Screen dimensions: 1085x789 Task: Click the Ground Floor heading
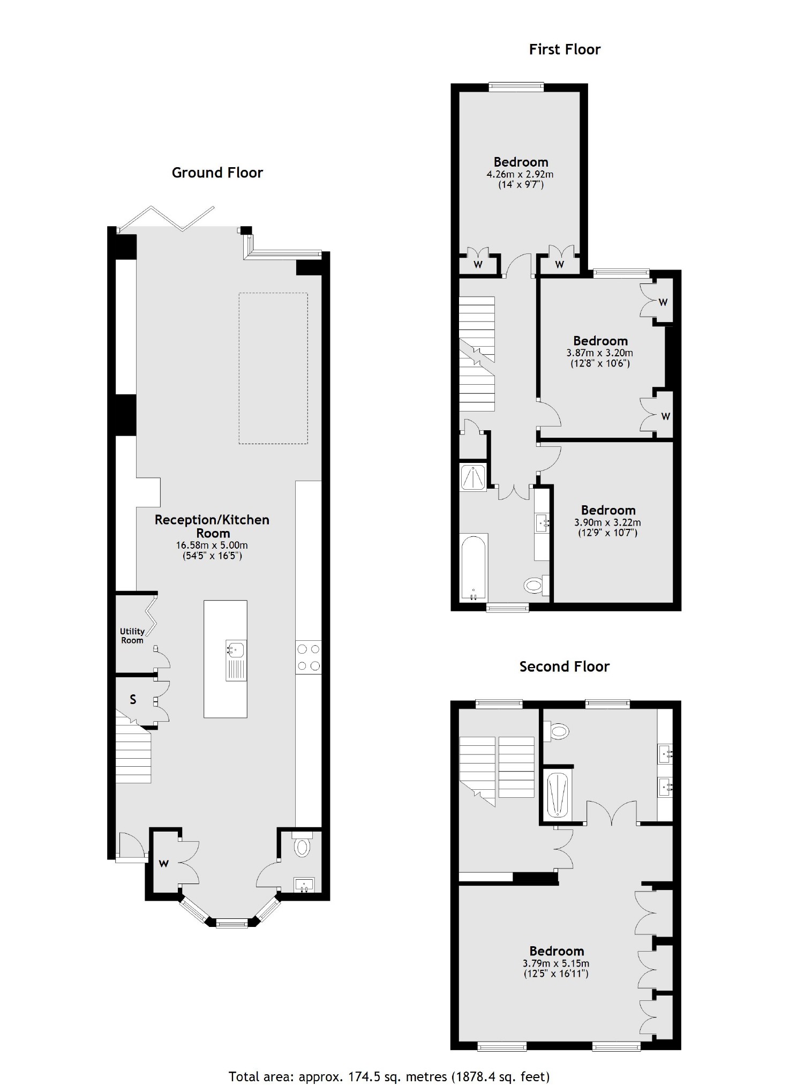tap(217, 173)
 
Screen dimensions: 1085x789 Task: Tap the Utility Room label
tap(132, 635)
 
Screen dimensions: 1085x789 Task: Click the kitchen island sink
tap(235, 649)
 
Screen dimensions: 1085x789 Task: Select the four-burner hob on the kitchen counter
tap(308, 657)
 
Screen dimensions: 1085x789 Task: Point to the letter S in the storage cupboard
tap(133, 700)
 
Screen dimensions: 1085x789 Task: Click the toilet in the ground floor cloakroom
tap(302, 847)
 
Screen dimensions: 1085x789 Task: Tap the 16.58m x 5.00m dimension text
tap(212, 545)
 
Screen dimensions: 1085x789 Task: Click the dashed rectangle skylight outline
tap(273, 368)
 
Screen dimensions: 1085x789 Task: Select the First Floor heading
tap(565, 49)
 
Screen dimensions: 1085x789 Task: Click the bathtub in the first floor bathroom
tap(474, 567)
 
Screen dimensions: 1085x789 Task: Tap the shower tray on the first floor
tap(474, 477)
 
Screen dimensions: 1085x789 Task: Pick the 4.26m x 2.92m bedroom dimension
tap(520, 174)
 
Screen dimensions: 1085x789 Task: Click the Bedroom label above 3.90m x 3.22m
tap(608, 510)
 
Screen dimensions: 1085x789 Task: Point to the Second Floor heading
tap(564, 667)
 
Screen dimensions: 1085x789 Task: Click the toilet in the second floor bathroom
tap(559, 730)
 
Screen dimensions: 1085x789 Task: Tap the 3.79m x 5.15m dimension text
tap(556, 963)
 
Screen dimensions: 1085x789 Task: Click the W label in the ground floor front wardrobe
tap(164, 864)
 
